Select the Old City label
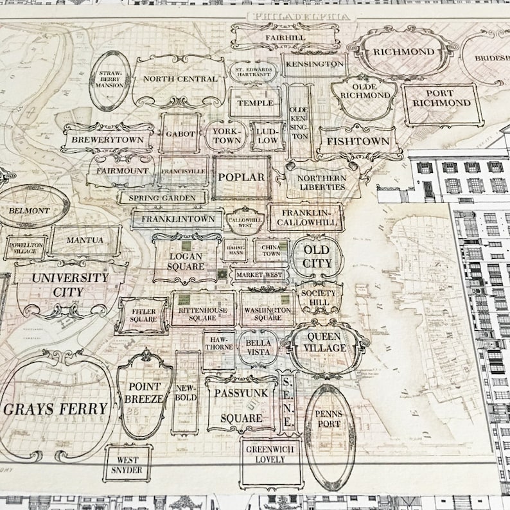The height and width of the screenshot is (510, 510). (x=317, y=256)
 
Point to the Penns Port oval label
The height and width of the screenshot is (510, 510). (x=329, y=419)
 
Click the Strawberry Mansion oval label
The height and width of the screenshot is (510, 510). (x=110, y=80)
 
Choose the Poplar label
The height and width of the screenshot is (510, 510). (x=242, y=177)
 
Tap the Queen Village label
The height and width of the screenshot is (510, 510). (x=327, y=342)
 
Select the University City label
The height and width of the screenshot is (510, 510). (x=70, y=285)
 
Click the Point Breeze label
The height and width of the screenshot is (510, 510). (x=145, y=392)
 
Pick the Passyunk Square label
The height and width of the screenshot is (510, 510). (x=242, y=404)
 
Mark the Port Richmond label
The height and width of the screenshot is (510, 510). (x=442, y=98)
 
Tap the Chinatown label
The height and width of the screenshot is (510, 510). (x=270, y=250)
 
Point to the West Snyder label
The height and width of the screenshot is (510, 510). (x=127, y=464)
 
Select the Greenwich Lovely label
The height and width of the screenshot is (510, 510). (x=270, y=455)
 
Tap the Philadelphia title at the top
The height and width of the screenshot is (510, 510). (x=302, y=16)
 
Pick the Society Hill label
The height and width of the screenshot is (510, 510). (x=319, y=297)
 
